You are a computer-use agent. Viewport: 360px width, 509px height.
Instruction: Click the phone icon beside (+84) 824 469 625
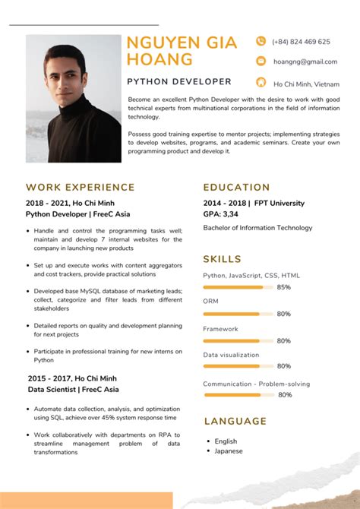(x=261, y=42)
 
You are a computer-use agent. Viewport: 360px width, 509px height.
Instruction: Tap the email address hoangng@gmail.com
(x=305, y=62)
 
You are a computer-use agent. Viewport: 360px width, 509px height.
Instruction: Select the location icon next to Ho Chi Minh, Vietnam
(x=261, y=83)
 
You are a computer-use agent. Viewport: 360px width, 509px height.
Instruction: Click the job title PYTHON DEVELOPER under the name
(x=179, y=81)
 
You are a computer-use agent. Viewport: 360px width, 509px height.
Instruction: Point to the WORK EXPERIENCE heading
(x=81, y=187)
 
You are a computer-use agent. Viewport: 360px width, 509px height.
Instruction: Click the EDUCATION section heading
(x=237, y=187)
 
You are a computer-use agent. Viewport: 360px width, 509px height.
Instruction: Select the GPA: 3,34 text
(x=221, y=214)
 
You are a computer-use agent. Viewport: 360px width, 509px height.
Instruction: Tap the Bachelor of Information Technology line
(x=257, y=228)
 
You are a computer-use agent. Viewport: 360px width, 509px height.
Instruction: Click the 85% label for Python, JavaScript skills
(x=284, y=288)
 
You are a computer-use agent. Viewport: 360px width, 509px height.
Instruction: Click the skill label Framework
(x=220, y=329)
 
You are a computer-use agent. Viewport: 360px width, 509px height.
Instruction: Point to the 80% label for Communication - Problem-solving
(x=285, y=395)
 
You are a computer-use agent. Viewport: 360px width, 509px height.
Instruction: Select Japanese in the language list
(x=229, y=451)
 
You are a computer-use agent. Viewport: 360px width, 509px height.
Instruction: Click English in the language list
(x=226, y=441)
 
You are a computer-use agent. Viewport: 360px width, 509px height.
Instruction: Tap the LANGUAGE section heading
(x=235, y=421)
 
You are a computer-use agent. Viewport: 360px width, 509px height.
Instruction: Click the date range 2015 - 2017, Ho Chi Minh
(x=73, y=378)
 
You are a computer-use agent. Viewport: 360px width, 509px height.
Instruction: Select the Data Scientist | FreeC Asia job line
(x=73, y=390)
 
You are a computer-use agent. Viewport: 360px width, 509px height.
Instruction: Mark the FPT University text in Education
(x=279, y=204)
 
